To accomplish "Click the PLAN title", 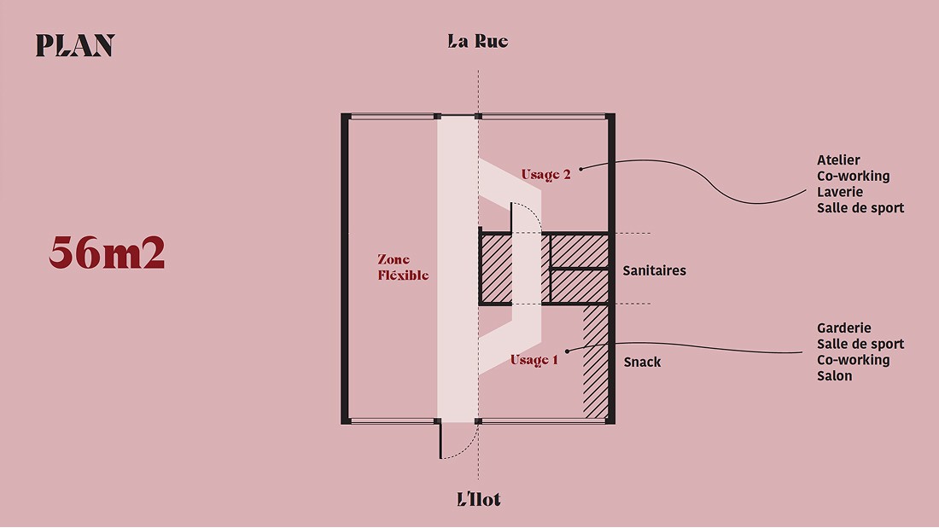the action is click(x=75, y=46).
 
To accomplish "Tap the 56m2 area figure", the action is click(x=107, y=252).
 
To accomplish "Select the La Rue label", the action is click(x=478, y=41).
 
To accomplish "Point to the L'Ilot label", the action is click(x=479, y=499).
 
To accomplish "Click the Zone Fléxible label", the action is click(x=403, y=267).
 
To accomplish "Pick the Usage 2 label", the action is click(x=545, y=175).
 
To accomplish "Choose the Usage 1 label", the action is click(x=534, y=360).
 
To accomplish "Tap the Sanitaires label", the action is click(x=654, y=270).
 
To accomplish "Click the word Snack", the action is click(x=642, y=363).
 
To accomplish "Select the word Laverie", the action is click(x=840, y=192).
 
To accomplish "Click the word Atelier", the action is click(x=838, y=160).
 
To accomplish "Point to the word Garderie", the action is click(x=843, y=328).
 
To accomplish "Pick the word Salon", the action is click(x=834, y=375).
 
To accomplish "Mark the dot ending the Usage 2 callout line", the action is click(x=580, y=168).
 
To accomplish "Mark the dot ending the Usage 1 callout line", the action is click(x=567, y=351).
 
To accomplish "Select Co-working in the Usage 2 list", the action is click(x=853, y=177).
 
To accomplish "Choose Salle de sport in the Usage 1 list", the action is click(x=860, y=344).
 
